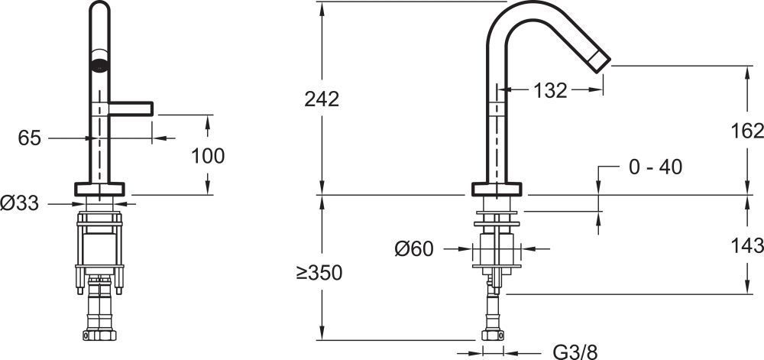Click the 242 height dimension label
(322, 99)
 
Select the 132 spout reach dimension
(550, 90)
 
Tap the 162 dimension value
(747, 131)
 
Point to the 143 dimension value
(747, 245)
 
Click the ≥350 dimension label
(319, 273)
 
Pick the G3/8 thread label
(575, 352)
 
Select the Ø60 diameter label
(413, 249)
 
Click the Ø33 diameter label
(20, 203)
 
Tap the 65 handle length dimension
(29, 138)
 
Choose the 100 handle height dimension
(208, 156)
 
